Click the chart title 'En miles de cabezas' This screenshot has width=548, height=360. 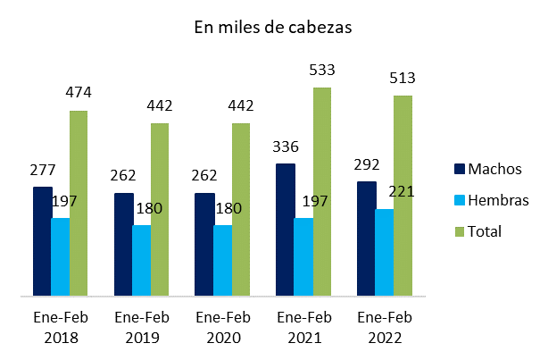(x=273, y=27)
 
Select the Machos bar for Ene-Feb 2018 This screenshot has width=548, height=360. (x=42, y=241)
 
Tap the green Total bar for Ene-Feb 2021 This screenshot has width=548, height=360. (x=321, y=191)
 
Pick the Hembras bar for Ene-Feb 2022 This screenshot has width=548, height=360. (x=384, y=252)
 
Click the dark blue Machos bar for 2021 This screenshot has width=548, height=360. (x=285, y=230)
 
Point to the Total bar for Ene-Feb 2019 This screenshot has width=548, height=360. (x=159, y=209)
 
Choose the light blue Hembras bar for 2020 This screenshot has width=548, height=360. (x=222, y=260)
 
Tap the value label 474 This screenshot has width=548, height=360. (x=79, y=93)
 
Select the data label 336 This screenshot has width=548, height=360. (x=285, y=147)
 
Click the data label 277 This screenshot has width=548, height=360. (x=43, y=170)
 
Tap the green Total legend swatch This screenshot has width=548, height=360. (x=461, y=231)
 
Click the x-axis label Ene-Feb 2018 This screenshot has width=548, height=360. (x=56, y=328)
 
